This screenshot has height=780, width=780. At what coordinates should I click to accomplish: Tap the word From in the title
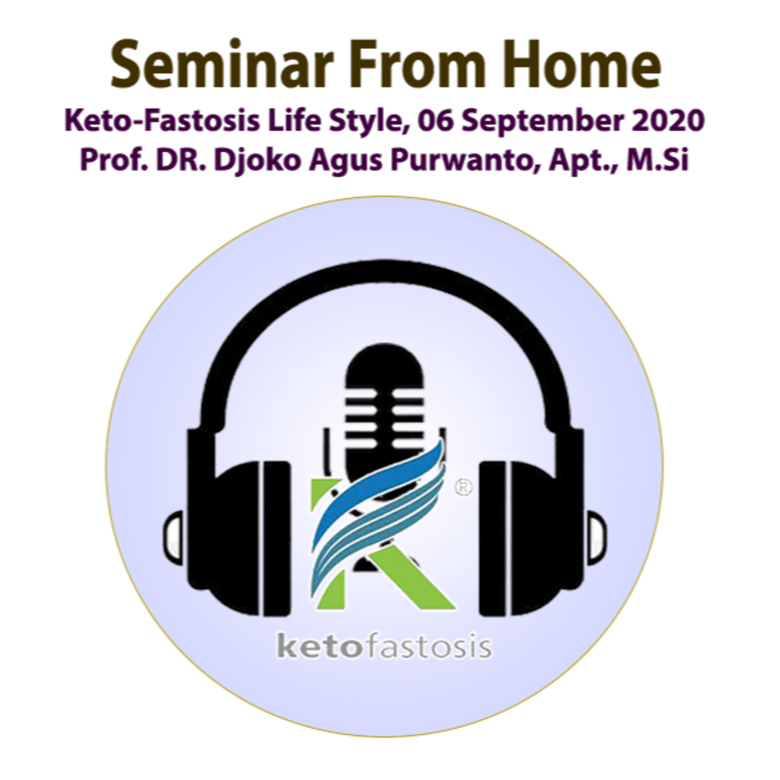(417, 64)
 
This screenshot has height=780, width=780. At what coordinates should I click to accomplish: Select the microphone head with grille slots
(384, 408)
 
